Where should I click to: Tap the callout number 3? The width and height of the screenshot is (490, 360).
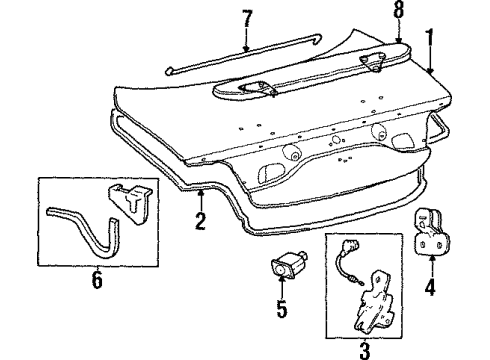pos(364,350)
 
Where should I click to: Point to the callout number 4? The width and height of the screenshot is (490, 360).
pos(430,288)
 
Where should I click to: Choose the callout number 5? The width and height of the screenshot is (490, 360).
pos(282,309)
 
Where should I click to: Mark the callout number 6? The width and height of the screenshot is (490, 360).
pos(97,281)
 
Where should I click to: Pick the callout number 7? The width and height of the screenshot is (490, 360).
pos(247,20)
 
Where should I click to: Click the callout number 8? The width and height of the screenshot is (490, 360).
pos(398,11)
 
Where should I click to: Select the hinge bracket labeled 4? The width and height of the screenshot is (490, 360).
pos(431,232)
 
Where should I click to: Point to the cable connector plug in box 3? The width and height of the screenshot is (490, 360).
pos(348,245)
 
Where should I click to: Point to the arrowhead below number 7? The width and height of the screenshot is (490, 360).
pos(246,48)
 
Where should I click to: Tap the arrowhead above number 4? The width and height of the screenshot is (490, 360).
pos(431,258)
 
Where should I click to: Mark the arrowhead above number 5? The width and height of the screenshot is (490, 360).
pos(282,279)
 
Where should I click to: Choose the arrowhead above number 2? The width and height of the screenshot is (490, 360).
pos(200,193)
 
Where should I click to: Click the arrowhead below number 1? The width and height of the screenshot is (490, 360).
pos(430,71)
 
